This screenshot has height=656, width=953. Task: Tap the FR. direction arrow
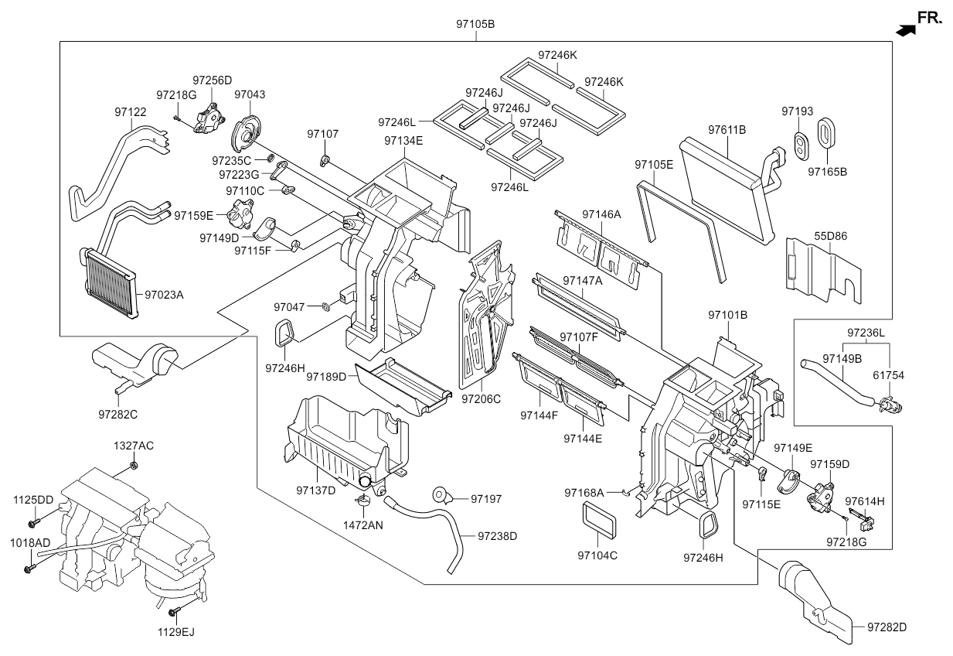pyautogui.click(x=906, y=29)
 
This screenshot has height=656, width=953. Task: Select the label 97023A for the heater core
pyautogui.click(x=164, y=295)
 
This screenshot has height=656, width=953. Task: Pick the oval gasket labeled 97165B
pyautogui.click(x=826, y=132)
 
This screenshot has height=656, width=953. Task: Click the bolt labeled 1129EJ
pyautogui.click(x=174, y=615)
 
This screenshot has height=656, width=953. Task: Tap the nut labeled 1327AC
pyautogui.click(x=134, y=465)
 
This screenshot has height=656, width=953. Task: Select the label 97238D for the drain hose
pyautogui.click(x=497, y=535)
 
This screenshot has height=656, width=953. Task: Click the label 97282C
pyautogui.click(x=117, y=415)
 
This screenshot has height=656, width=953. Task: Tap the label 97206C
pyautogui.click(x=482, y=399)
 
